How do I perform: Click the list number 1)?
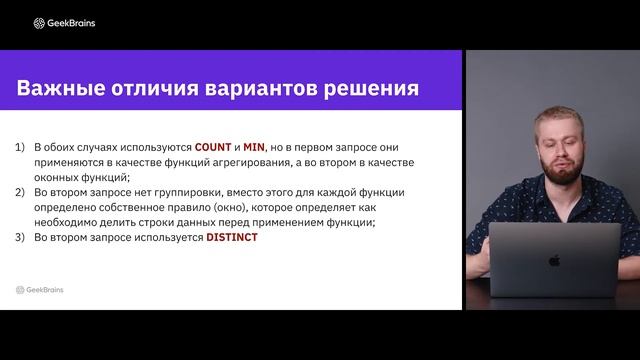[x=20, y=146]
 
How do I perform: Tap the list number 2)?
[x=20, y=191]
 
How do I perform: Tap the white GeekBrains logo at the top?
[x=64, y=23]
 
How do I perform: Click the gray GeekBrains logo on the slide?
[x=40, y=289]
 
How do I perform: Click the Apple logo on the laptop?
[x=554, y=260]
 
